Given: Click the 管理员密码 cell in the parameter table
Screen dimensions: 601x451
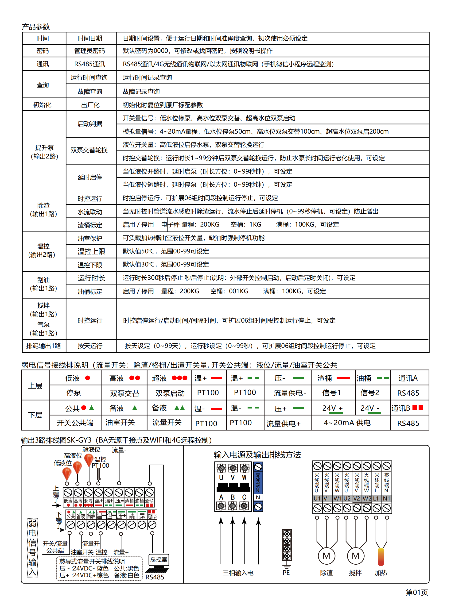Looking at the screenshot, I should [x=89, y=51].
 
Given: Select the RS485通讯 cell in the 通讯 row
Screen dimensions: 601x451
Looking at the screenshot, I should [x=89, y=64].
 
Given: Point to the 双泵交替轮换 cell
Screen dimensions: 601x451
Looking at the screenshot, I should [x=89, y=150].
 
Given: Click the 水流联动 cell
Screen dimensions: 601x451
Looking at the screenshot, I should [x=90, y=212].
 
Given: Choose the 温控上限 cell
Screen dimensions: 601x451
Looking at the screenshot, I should [x=91, y=252].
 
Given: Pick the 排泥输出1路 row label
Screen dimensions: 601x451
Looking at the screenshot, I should [x=43, y=346].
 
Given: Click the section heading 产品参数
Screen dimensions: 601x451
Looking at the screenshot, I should [x=36, y=27].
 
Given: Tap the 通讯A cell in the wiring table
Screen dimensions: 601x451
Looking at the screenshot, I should [x=408, y=378].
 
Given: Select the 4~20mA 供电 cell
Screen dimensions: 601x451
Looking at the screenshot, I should [x=347, y=423].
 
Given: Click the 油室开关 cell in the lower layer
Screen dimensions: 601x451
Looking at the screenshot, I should [x=120, y=423].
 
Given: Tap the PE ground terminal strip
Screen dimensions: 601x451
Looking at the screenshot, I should [x=287, y=545].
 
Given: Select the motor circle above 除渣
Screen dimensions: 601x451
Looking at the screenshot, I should [x=326, y=556].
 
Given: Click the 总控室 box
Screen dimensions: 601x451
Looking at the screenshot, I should [x=159, y=559].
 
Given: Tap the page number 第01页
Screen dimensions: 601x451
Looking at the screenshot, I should [x=417, y=592].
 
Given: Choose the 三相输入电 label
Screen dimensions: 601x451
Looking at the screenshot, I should [x=238, y=573].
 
